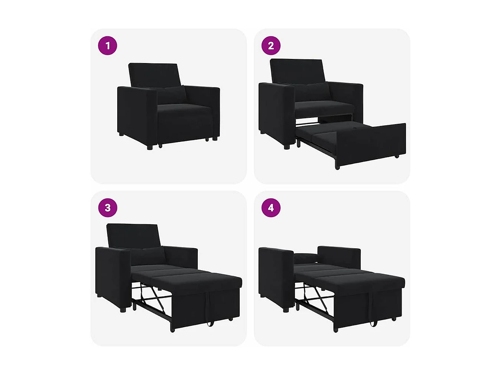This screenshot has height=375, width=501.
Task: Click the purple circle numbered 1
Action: pyautogui.click(x=108, y=46)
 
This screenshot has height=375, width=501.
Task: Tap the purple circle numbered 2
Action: pyautogui.click(x=271, y=46)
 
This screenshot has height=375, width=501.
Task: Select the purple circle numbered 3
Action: pyautogui.click(x=108, y=208)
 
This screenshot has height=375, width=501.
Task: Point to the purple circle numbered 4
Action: pyautogui.click(x=271, y=208)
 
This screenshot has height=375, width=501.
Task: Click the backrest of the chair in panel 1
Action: pyautogui.click(x=154, y=74)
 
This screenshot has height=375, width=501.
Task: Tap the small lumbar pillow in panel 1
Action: pyautogui.click(x=171, y=95)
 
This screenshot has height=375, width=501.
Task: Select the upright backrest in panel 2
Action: pyautogui.click(x=297, y=70)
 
